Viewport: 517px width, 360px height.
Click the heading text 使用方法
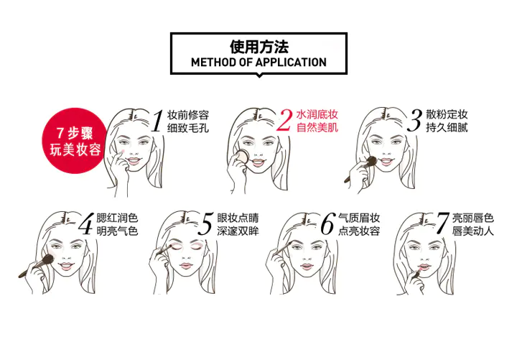(x=258, y=47)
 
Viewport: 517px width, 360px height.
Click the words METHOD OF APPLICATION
(x=258, y=63)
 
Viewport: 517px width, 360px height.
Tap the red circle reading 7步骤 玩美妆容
(x=75, y=141)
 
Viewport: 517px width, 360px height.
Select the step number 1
(x=157, y=121)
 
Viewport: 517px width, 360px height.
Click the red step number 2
(x=284, y=121)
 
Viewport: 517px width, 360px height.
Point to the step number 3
(x=414, y=121)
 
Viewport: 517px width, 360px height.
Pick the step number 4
(x=85, y=223)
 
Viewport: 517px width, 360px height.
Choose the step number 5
(x=206, y=223)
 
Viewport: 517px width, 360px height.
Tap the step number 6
(x=327, y=223)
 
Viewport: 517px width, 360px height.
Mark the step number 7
(x=442, y=223)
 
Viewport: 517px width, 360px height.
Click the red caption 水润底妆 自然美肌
(x=317, y=121)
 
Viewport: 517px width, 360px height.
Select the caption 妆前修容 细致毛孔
(x=188, y=121)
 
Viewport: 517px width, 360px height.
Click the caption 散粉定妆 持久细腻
(x=447, y=121)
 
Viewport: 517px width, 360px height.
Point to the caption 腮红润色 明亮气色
(x=117, y=224)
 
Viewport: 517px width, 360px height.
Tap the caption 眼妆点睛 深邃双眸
(x=238, y=224)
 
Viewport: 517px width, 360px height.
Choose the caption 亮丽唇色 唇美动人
(x=472, y=224)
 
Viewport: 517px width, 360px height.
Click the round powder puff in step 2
(x=241, y=157)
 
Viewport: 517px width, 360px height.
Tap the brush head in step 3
(x=371, y=161)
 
